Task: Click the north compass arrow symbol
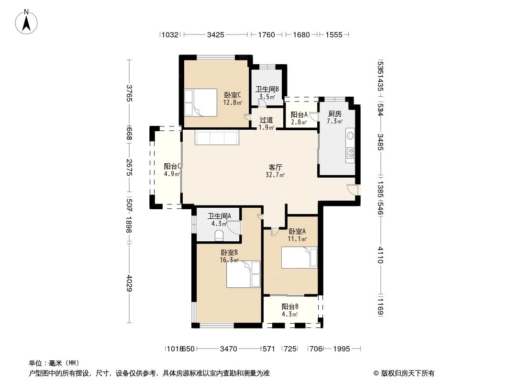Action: click(27, 21)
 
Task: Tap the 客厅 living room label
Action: click(275, 168)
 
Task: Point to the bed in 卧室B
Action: click(243, 274)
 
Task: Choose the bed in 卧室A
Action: click(299, 258)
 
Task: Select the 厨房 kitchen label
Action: click(335, 114)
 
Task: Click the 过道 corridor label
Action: click(266, 120)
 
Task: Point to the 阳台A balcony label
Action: click(299, 114)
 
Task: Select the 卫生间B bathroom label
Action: click(267, 89)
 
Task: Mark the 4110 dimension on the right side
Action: click(380, 255)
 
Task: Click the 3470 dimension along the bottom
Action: click(229, 349)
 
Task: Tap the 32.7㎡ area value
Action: click(275, 175)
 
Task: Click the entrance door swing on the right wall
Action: click(353, 189)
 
